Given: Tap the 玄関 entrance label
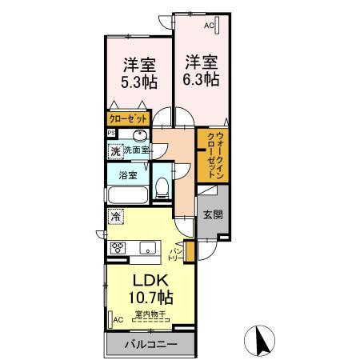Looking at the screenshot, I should [x=212, y=214].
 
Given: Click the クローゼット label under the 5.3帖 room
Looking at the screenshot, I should [x=129, y=118].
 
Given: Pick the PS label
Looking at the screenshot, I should [x=112, y=133].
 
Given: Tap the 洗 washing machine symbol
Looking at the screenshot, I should [x=115, y=150].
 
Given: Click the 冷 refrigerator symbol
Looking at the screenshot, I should [x=116, y=215].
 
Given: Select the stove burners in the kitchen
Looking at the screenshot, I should [x=118, y=247].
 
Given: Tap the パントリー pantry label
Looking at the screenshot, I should [x=175, y=255].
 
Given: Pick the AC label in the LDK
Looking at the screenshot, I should [x=118, y=320].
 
